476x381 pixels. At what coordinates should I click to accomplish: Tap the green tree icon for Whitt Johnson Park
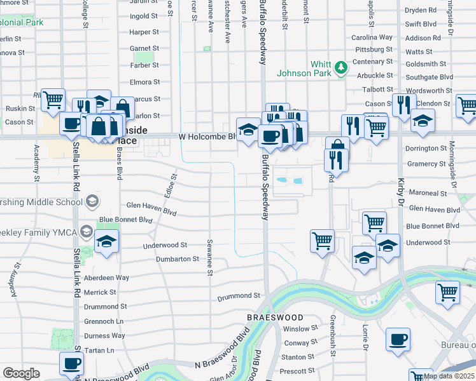[342, 67]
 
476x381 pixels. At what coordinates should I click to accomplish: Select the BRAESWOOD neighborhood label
[276, 316]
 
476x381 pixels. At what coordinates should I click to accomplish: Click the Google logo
[21, 373]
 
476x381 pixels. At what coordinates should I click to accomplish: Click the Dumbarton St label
[178, 259]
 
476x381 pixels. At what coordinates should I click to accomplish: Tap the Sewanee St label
[209, 258]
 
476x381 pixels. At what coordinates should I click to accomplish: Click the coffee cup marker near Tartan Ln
[71, 364]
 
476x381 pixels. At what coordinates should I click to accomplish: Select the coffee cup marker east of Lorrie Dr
[398, 340]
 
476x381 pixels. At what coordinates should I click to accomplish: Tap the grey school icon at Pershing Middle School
[93, 202]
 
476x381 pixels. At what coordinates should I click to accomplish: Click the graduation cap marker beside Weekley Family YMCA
[106, 243]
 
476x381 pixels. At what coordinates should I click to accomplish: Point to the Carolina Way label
[372, 37]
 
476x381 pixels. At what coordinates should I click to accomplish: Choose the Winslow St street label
[300, 329]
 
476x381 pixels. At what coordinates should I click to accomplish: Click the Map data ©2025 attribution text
[449, 376]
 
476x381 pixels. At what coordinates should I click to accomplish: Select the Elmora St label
[144, 82]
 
